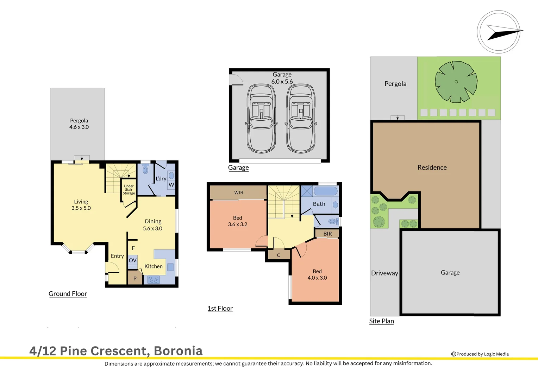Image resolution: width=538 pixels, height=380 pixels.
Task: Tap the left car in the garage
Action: point(261,119)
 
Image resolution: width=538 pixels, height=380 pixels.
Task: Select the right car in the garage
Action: point(301,119)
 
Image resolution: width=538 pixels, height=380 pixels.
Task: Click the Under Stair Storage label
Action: point(129,190)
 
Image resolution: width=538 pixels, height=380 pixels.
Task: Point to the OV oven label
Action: point(132,261)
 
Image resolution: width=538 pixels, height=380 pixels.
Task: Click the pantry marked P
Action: point(134,278)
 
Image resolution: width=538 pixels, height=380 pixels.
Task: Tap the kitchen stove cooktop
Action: point(154,280)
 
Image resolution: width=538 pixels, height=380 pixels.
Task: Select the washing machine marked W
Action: point(171,185)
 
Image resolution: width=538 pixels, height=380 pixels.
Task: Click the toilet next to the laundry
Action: point(145,170)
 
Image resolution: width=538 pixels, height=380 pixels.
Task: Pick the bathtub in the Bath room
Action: point(325,191)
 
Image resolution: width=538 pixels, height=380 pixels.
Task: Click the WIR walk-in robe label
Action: point(239,193)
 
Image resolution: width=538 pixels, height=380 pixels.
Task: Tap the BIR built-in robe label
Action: point(327,234)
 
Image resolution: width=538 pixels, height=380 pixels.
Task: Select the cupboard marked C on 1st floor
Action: point(279,255)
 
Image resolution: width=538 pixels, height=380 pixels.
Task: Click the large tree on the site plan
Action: point(456,82)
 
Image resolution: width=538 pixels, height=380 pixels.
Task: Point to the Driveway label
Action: point(384,273)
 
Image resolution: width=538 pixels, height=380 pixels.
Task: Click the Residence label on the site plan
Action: point(432,167)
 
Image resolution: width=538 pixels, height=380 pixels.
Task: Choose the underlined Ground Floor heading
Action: point(68,294)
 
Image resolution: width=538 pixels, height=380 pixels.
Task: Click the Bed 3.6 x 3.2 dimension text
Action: point(238,224)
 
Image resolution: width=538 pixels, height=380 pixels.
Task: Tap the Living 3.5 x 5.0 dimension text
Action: point(81,208)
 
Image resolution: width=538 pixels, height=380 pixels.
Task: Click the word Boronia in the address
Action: point(178,351)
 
